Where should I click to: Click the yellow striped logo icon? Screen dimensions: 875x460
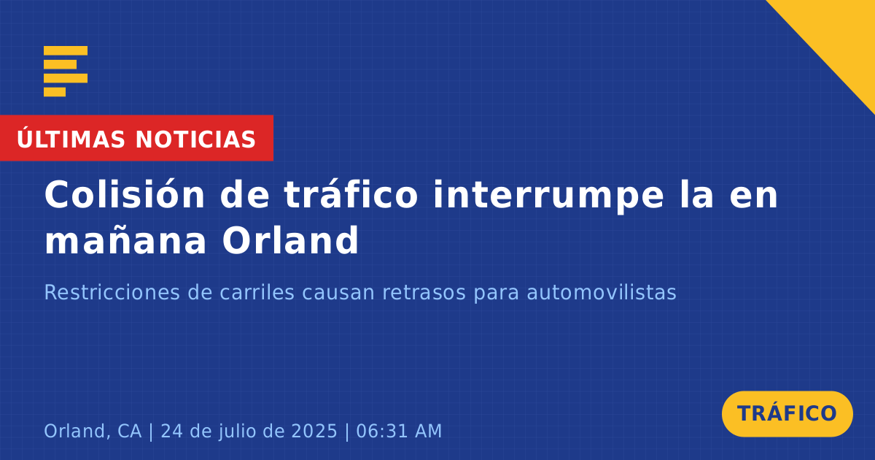[66, 72]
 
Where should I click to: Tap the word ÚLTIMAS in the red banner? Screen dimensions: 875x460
[71, 138]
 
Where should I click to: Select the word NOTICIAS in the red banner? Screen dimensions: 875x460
[195, 139]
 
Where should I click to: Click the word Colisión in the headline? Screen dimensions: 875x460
[125, 195]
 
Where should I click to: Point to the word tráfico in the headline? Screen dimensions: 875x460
[351, 195]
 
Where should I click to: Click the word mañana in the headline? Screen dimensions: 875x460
[125, 240]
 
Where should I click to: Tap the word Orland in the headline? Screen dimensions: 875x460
[290, 239]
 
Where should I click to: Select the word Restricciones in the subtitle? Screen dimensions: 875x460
[112, 292]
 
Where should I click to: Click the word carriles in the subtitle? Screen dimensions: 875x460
[257, 292]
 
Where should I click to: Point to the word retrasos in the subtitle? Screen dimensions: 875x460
[424, 293]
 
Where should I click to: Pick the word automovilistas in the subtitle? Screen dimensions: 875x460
[602, 292]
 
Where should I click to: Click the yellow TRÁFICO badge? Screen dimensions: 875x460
[787, 413]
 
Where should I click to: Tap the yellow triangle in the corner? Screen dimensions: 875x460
[840, 35]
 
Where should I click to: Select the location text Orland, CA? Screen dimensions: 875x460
[93, 431]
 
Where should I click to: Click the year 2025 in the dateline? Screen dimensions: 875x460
[314, 431]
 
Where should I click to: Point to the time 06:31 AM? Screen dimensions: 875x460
[399, 431]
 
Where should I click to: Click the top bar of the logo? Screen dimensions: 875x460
[66, 50]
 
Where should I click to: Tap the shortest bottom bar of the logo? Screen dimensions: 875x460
[55, 92]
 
